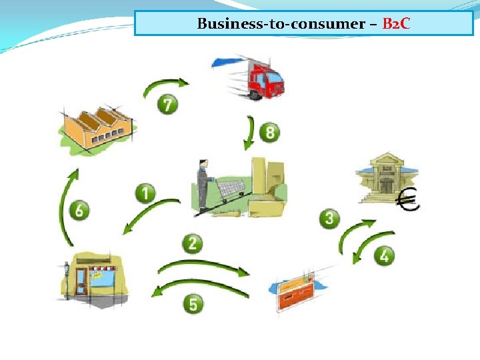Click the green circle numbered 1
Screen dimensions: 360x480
(x=145, y=194)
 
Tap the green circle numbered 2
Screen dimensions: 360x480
(x=193, y=243)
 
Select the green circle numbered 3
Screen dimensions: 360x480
(x=329, y=218)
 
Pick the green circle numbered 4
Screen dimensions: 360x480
(x=384, y=255)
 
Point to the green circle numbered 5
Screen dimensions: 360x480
(x=193, y=305)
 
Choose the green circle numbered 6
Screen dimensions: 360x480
(x=79, y=211)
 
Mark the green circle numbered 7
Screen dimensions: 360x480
(x=168, y=105)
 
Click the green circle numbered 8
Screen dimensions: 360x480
(x=269, y=132)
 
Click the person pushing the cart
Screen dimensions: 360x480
(x=202, y=187)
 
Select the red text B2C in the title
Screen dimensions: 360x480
(x=397, y=24)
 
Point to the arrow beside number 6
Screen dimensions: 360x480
(x=65, y=207)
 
